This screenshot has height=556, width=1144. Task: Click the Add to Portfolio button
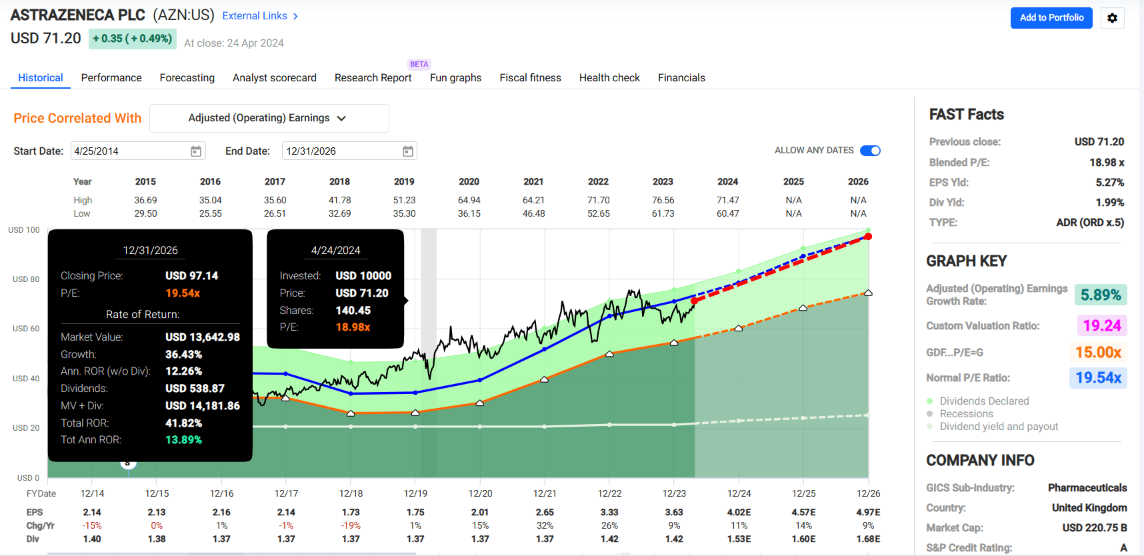(1051, 18)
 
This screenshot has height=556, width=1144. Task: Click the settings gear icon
(1112, 18)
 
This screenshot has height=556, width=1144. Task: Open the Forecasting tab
(187, 78)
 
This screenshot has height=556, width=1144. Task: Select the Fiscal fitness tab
(530, 78)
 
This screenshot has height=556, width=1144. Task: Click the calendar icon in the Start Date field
(196, 151)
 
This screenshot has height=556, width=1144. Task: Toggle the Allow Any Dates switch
(870, 151)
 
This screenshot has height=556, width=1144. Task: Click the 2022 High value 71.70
(598, 200)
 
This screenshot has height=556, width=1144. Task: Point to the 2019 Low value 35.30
(404, 213)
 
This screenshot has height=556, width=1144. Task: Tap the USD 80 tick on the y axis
(26, 279)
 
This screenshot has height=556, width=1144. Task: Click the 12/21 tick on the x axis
(545, 493)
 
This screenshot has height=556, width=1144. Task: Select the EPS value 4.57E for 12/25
(803, 512)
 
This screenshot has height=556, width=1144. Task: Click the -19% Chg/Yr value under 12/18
(351, 525)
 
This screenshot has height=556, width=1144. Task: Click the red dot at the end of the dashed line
(868, 237)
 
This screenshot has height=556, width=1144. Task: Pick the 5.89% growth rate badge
(1100, 295)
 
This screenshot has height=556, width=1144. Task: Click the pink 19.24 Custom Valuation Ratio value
(1101, 325)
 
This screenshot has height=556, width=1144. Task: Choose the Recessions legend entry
(966, 414)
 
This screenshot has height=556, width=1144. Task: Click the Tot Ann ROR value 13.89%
(183, 440)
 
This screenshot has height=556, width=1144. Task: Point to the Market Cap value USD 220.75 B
(1094, 528)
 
